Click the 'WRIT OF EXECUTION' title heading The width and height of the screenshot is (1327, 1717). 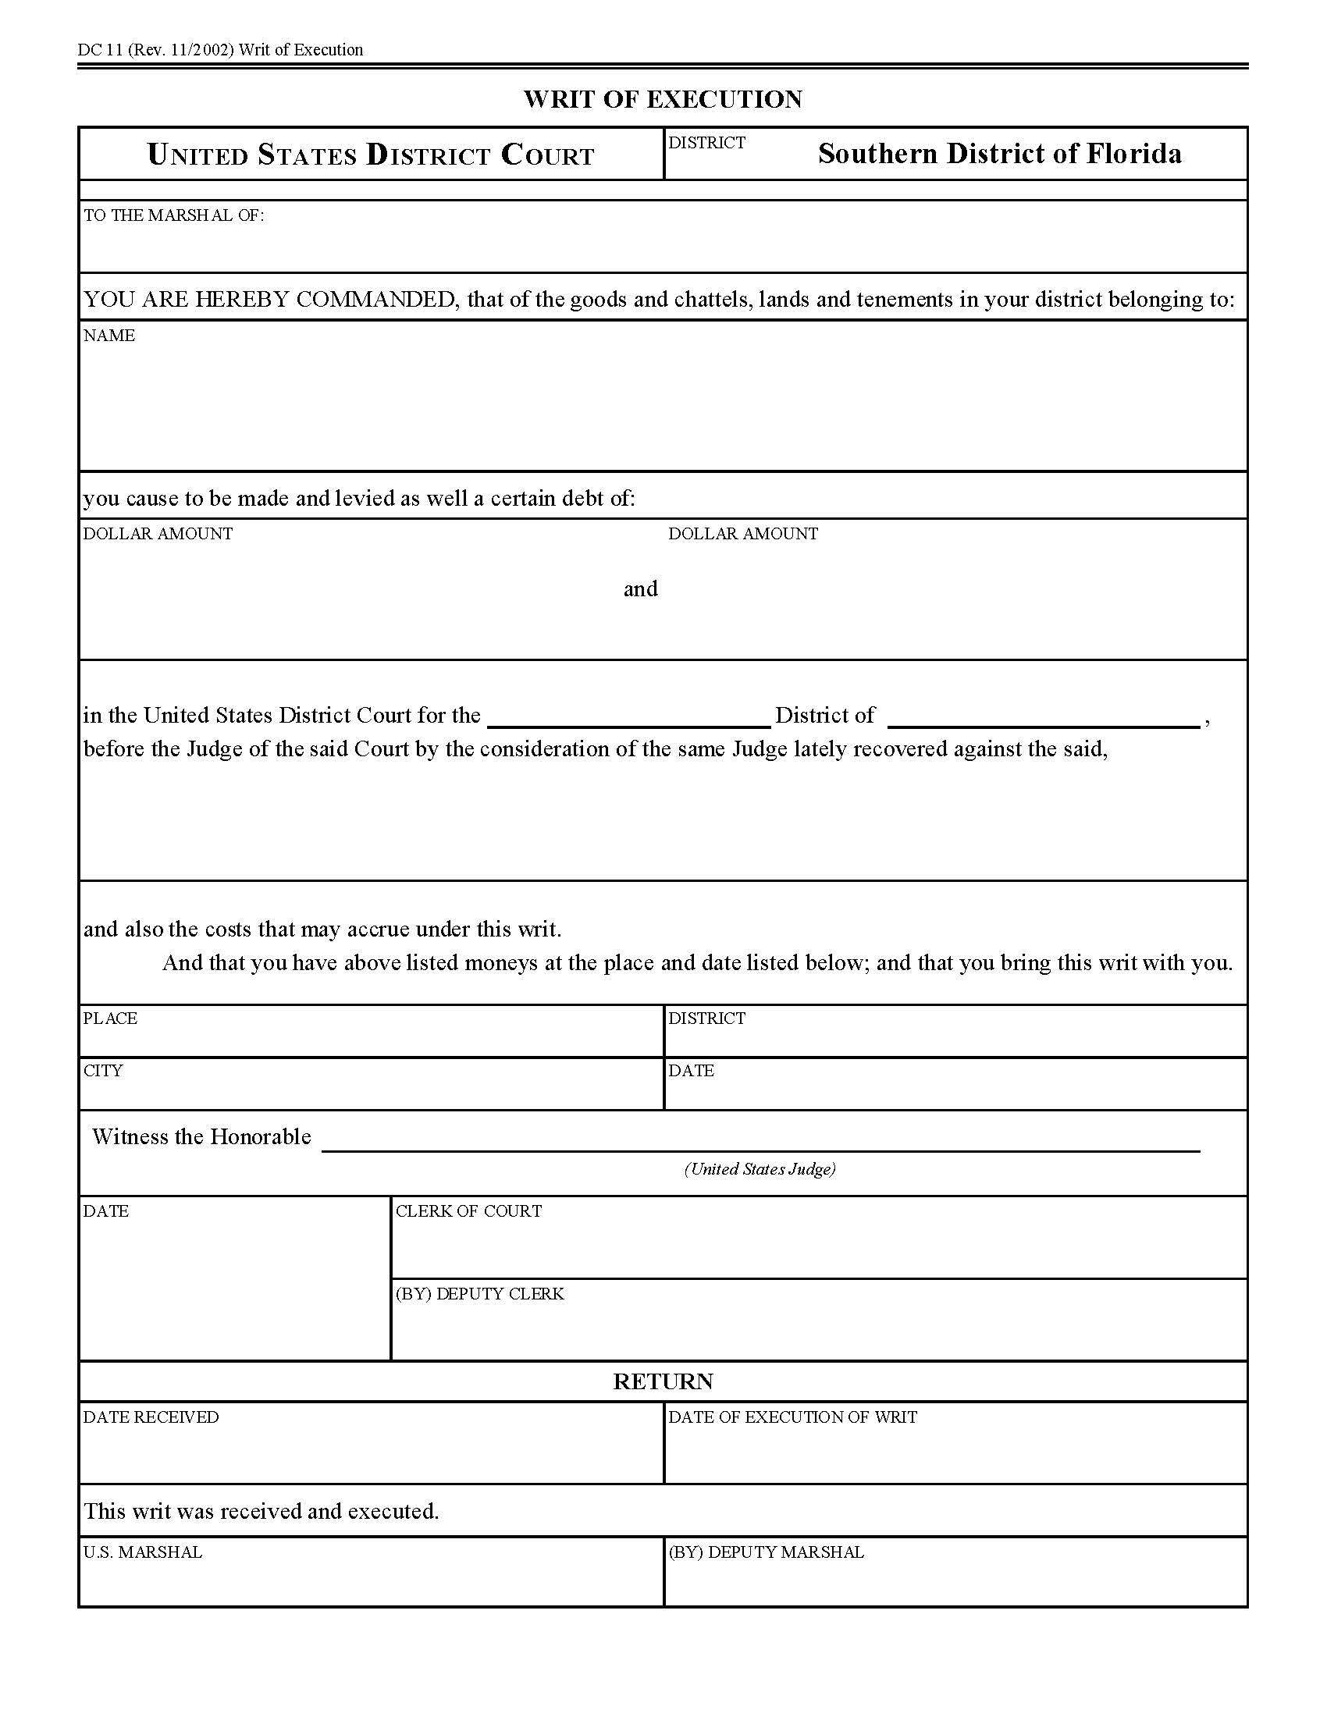[x=663, y=99]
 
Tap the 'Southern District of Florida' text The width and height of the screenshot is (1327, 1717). [x=999, y=153]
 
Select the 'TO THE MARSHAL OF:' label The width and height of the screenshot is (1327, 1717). [x=174, y=215]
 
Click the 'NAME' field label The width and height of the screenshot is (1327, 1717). [x=109, y=336]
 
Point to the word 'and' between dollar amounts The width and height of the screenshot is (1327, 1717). [x=640, y=588]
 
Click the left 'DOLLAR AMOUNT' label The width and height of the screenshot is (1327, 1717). [x=158, y=534]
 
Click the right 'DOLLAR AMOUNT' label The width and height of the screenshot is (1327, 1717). [x=743, y=534]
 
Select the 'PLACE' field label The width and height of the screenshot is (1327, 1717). [x=110, y=1018]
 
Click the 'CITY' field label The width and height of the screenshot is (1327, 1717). [x=103, y=1071]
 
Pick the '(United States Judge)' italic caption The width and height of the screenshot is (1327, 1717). [x=760, y=1169]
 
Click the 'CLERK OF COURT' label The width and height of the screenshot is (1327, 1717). [x=468, y=1211]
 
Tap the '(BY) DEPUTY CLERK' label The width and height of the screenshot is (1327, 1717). [x=479, y=1294]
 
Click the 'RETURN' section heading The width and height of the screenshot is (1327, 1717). [x=663, y=1381]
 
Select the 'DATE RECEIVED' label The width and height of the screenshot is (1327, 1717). [x=151, y=1417]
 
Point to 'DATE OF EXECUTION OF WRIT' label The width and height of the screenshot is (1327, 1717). [x=792, y=1417]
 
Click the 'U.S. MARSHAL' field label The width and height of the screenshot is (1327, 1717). [x=142, y=1552]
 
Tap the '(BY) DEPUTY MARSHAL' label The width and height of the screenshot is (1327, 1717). [x=766, y=1552]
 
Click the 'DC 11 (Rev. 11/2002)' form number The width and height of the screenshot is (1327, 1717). [x=155, y=50]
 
